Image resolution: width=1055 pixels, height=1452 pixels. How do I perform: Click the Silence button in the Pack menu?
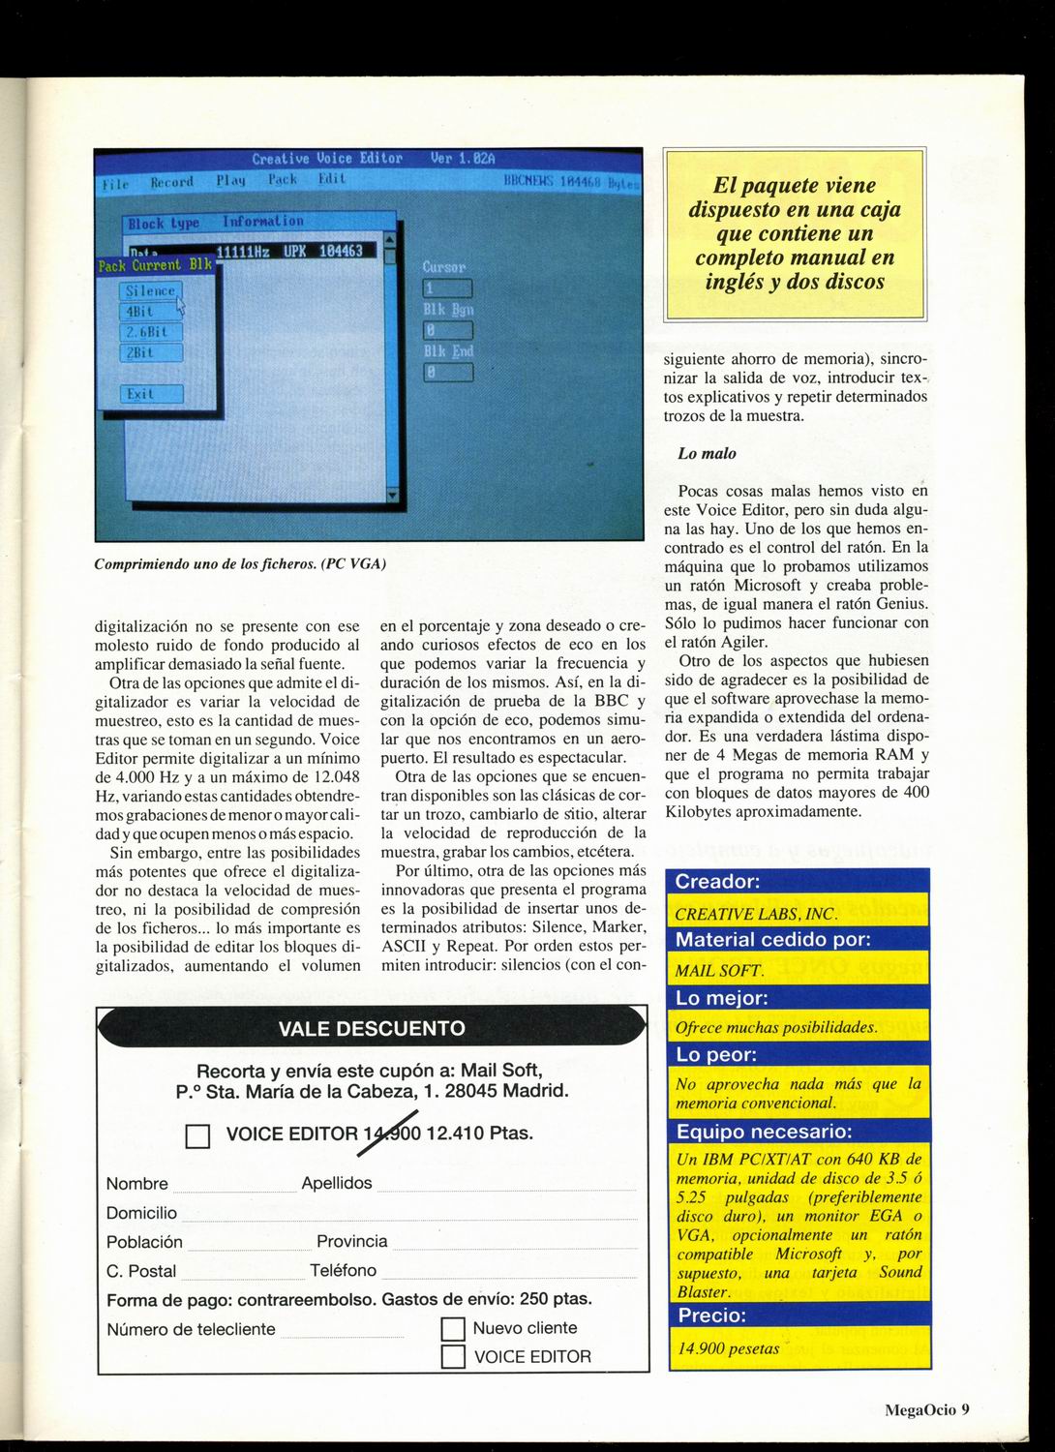(150, 290)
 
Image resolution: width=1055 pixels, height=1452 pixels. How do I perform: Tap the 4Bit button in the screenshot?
(150, 312)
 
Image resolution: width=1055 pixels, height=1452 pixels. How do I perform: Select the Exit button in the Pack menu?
(150, 394)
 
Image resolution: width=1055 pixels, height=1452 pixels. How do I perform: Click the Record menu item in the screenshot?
(171, 181)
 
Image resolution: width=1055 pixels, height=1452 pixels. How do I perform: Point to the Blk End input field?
(447, 372)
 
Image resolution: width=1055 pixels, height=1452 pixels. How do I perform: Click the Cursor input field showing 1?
(447, 288)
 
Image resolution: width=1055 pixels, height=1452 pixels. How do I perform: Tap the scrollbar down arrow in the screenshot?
(391, 495)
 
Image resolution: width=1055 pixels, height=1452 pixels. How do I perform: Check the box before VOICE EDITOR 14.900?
(197, 1135)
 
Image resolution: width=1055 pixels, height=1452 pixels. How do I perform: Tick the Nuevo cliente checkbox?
(453, 1329)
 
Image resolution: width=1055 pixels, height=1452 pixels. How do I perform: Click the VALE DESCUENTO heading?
(372, 1028)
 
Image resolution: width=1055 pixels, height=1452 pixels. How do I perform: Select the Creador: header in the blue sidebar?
(717, 882)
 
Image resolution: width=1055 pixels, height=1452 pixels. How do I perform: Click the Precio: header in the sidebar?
(711, 1316)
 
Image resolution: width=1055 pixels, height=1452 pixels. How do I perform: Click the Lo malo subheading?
(707, 453)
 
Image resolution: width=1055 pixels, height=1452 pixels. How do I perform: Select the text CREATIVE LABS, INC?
(756, 914)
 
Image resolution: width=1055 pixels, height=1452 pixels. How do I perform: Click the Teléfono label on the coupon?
(343, 1270)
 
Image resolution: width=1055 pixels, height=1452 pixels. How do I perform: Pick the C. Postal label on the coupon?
(141, 1271)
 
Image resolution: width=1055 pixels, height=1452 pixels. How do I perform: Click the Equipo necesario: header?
(765, 1132)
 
